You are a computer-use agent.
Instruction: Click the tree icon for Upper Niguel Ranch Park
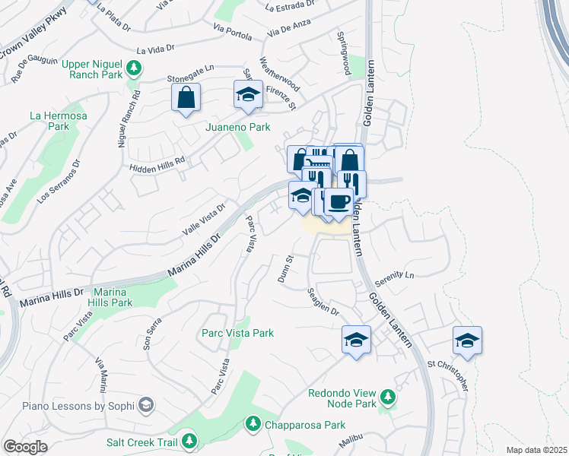pyautogui.click(x=134, y=69)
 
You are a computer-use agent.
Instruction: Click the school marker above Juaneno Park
pyautogui.click(x=247, y=96)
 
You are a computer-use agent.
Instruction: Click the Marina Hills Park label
pyautogui.click(x=113, y=297)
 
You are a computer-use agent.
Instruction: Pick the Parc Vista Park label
pyautogui.click(x=237, y=333)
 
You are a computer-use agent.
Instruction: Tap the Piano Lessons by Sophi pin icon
pyautogui.click(x=148, y=407)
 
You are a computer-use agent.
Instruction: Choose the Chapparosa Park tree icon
pyautogui.click(x=252, y=425)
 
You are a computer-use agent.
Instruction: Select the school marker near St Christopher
pyautogui.click(x=467, y=340)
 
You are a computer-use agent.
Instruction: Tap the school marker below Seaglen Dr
pyautogui.click(x=355, y=340)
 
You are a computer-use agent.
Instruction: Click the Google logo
pyautogui.click(x=25, y=446)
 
